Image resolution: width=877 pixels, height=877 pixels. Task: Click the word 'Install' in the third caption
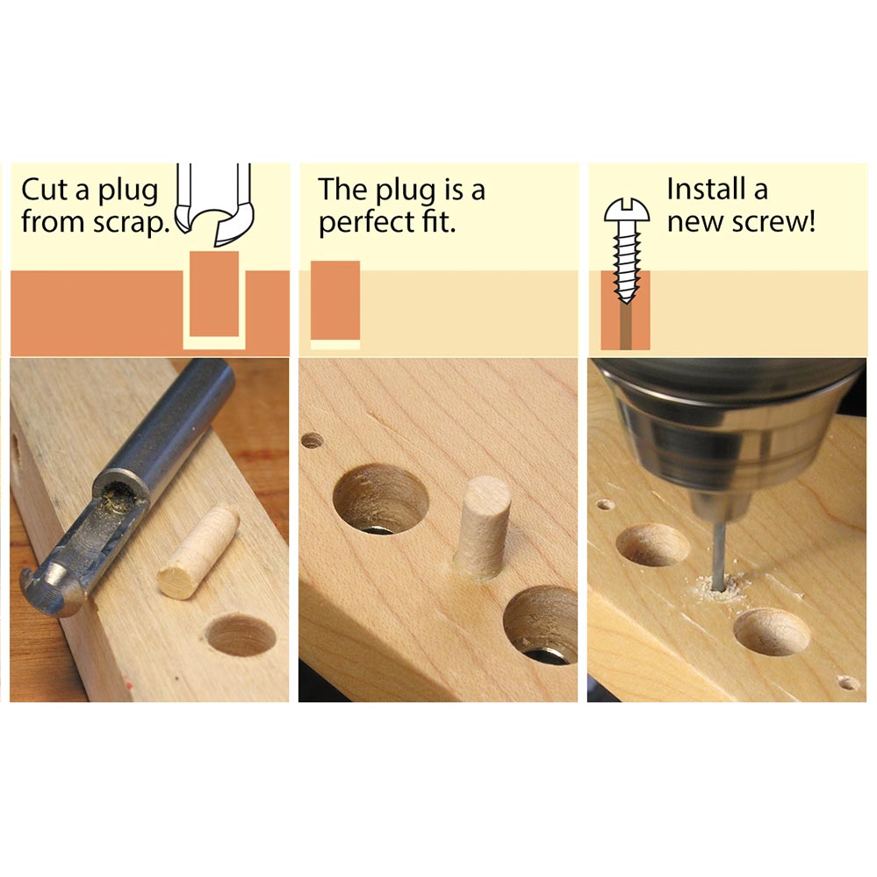(x=702, y=189)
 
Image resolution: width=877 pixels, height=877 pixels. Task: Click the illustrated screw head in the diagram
(x=627, y=212)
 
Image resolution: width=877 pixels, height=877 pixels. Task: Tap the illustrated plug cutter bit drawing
(x=215, y=205)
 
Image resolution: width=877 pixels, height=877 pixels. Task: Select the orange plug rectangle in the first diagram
(x=214, y=294)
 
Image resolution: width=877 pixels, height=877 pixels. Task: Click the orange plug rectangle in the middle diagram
(x=335, y=300)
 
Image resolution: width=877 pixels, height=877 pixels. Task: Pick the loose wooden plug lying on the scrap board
(x=198, y=550)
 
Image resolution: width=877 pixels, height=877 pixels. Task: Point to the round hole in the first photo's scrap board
(x=241, y=635)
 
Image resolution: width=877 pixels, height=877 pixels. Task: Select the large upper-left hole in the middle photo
(x=380, y=498)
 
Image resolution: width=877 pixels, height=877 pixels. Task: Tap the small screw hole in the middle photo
(x=313, y=440)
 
